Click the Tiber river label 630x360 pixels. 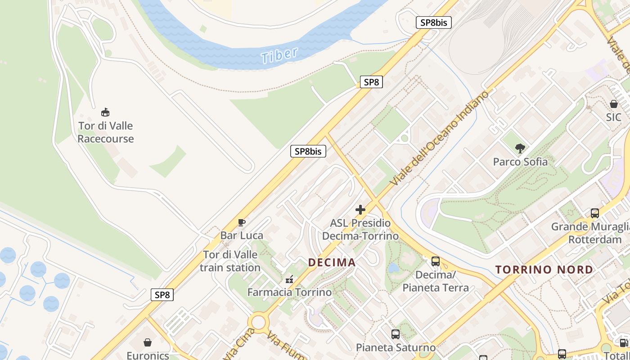click(279, 55)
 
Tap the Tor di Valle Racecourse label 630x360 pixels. click(106, 132)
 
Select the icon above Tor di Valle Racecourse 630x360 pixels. click(105, 112)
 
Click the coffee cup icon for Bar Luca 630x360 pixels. click(242, 222)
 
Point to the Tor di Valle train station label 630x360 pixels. click(230, 261)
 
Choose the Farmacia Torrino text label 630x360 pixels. click(289, 292)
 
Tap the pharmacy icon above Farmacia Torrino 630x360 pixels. click(289, 279)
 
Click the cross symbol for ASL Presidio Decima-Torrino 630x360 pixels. click(360, 210)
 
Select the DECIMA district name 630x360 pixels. click(332, 262)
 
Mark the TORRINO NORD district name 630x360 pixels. click(544, 270)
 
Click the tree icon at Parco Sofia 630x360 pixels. click(520, 148)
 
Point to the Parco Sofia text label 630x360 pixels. click(520, 162)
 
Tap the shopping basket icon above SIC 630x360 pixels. click(614, 104)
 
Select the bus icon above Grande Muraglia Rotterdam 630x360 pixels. click(595, 213)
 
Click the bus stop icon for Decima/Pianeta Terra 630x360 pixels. click(436, 261)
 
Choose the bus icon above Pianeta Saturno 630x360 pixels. click(396, 334)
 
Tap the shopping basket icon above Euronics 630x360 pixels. click(148, 342)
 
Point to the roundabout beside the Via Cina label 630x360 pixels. click(259, 322)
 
